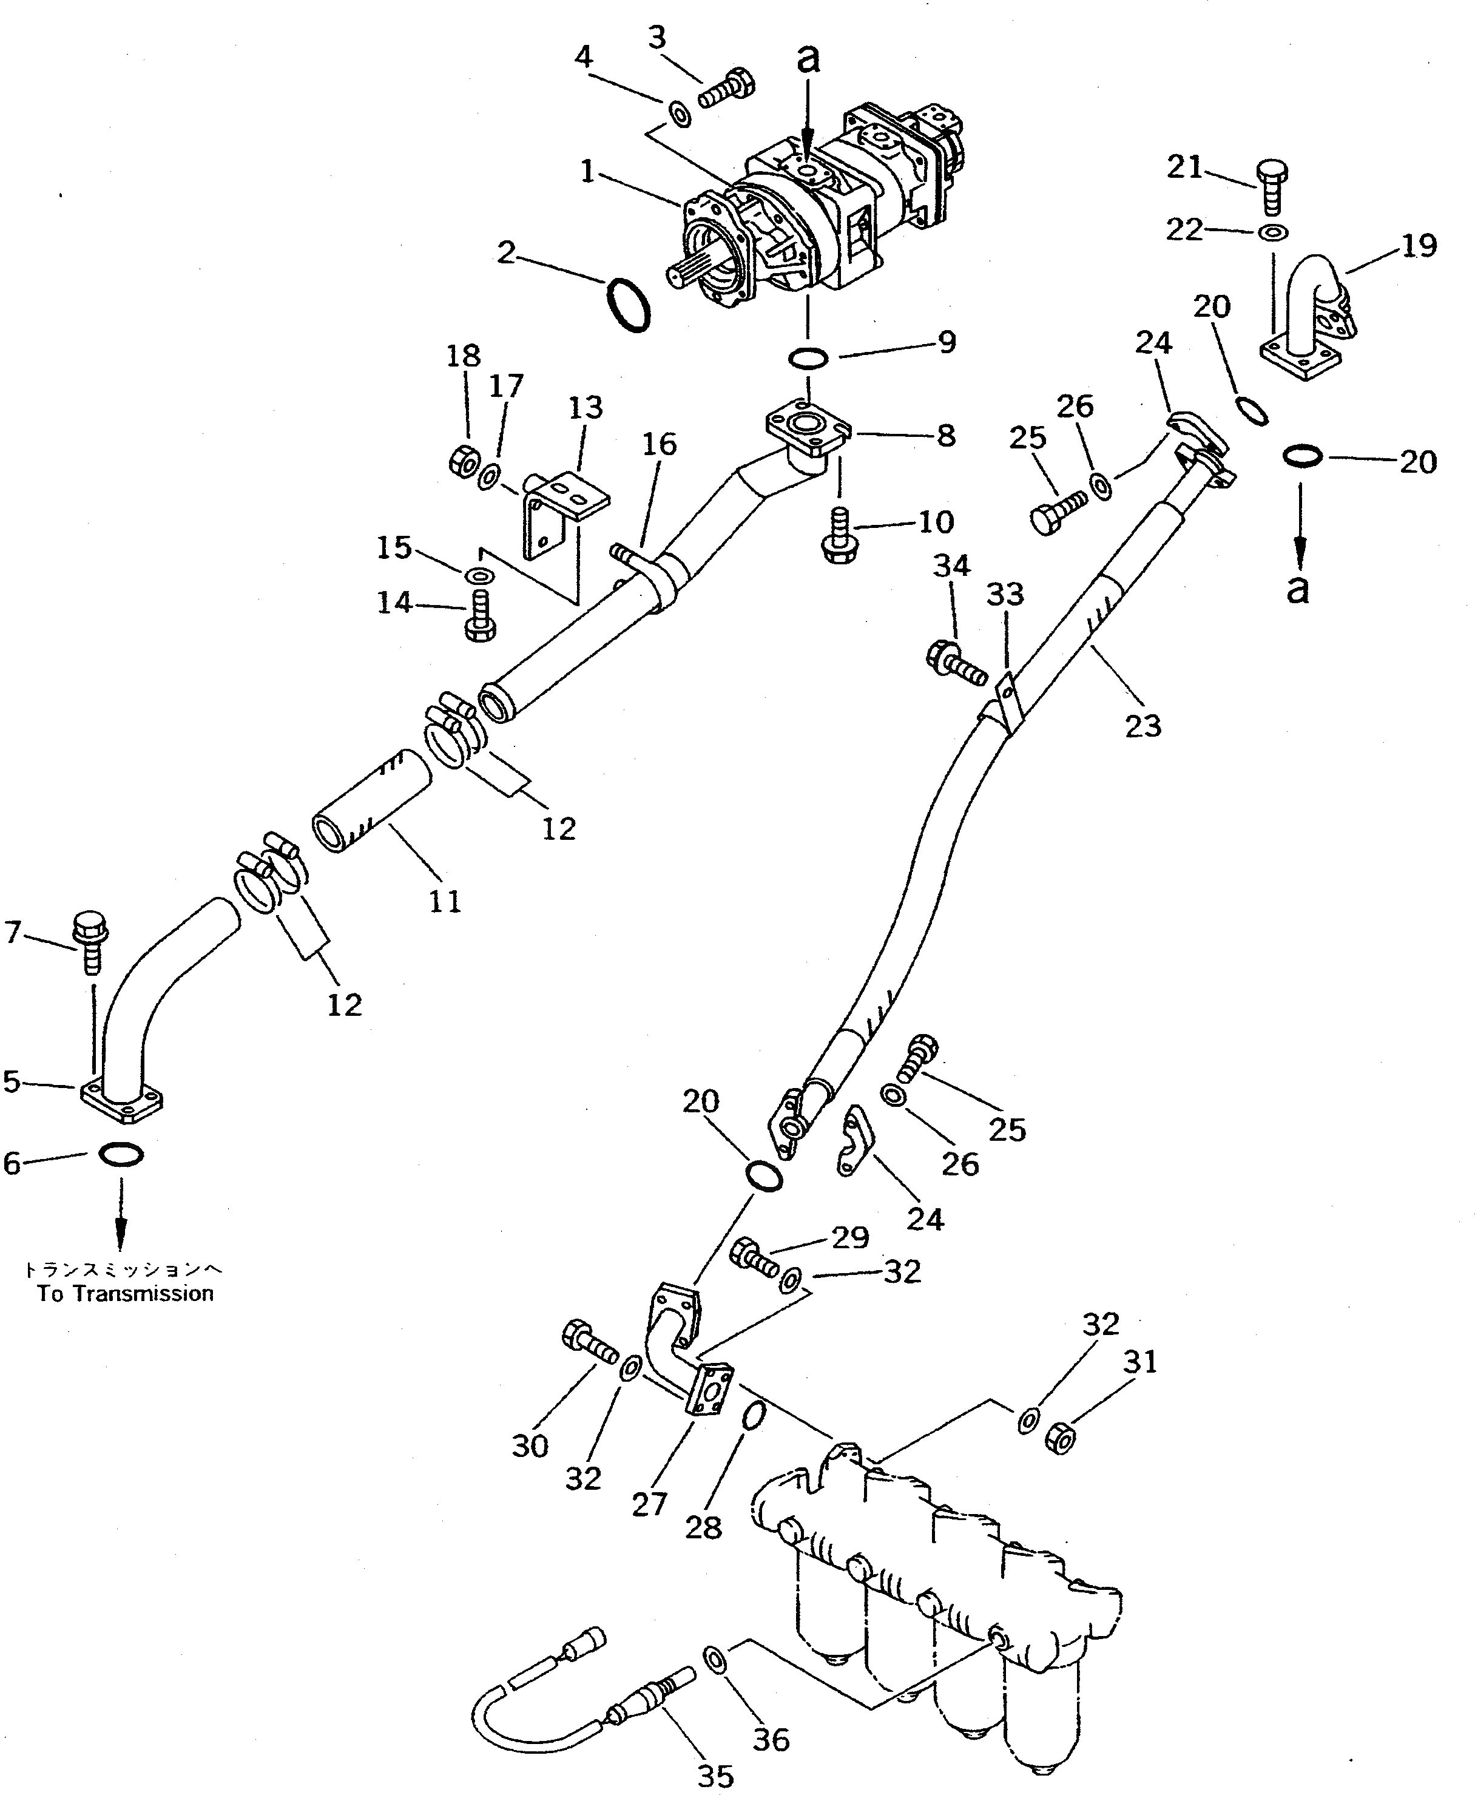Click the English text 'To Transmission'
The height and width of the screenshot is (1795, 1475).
(x=125, y=1294)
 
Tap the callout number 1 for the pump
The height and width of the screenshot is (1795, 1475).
(x=586, y=172)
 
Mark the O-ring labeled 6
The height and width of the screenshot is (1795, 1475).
(x=121, y=1154)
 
